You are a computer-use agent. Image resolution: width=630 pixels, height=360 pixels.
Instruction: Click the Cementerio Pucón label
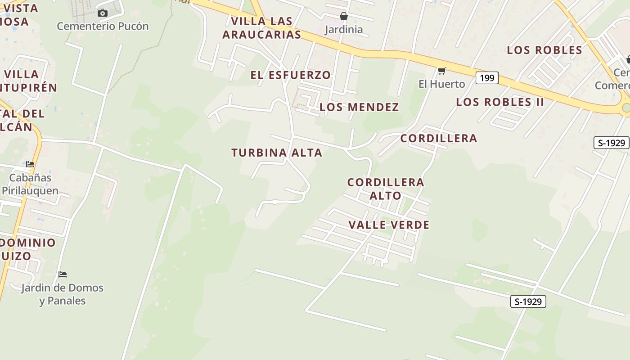coord(103,26)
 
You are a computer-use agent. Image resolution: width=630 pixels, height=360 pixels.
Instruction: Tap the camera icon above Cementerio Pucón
coord(103,13)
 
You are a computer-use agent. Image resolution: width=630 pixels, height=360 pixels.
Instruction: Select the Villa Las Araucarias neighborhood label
coord(261,28)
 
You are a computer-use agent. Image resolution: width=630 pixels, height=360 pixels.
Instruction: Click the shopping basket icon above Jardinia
coord(344,16)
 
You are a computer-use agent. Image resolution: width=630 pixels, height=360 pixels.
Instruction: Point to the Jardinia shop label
coord(344,30)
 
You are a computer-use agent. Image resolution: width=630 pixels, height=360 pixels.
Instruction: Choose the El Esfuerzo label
coord(290,75)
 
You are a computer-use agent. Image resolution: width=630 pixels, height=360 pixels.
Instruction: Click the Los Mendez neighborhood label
coord(359,107)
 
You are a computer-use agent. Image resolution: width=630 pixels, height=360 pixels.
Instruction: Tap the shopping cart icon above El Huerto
coord(441,71)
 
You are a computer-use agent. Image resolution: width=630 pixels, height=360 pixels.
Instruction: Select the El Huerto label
coord(441,84)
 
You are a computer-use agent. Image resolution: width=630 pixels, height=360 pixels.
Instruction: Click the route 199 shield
coord(487,78)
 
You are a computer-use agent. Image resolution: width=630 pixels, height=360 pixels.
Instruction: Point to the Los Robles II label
coord(500,102)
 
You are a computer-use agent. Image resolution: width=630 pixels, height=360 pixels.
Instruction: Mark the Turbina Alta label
coord(277,153)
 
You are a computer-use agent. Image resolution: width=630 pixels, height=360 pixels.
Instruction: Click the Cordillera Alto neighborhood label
coord(386,189)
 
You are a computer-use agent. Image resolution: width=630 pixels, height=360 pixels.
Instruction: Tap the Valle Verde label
coord(389,225)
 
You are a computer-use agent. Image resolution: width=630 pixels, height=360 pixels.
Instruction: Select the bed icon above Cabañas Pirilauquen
coord(30,164)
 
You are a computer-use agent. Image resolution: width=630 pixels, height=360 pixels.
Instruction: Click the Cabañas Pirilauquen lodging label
coord(30,184)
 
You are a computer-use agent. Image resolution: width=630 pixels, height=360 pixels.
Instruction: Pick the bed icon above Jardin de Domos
coord(63,274)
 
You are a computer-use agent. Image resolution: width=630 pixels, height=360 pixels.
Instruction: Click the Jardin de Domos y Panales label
coord(62,294)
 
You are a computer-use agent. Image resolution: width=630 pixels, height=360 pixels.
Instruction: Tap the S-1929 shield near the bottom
coord(528,301)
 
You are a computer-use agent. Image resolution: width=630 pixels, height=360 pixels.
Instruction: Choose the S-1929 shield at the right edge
coord(612,143)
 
